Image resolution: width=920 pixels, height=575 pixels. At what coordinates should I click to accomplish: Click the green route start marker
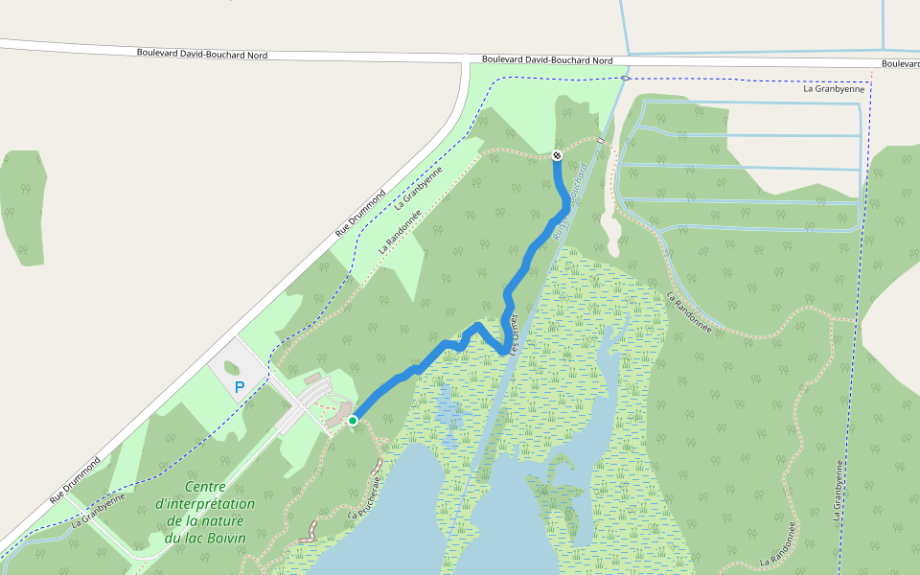tap(353, 420)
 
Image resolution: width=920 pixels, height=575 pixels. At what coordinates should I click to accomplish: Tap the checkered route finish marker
tap(557, 155)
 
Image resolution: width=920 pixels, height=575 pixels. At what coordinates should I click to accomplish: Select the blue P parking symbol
tap(240, 388)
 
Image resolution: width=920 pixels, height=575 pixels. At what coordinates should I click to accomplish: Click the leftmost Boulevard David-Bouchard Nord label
tap(201, 55)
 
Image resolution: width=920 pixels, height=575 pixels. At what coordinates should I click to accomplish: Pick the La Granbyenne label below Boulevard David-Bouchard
tap(834, 88)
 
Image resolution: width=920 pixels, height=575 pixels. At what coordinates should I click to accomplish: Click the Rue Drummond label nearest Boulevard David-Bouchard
tap(356, 218)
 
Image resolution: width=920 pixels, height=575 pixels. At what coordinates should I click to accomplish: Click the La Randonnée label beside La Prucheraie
tap(777, 543)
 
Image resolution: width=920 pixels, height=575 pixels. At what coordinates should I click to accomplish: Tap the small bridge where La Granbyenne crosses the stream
tap(625, 78)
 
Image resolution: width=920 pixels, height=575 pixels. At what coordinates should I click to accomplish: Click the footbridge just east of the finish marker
tap(601, 142)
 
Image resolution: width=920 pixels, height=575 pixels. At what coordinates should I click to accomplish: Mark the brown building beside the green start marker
tap(334, 418)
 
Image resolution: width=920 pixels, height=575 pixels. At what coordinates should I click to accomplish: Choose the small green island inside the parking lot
tap(232, 367)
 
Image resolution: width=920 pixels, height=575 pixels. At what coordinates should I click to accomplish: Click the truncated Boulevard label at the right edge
tap(900, 64)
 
